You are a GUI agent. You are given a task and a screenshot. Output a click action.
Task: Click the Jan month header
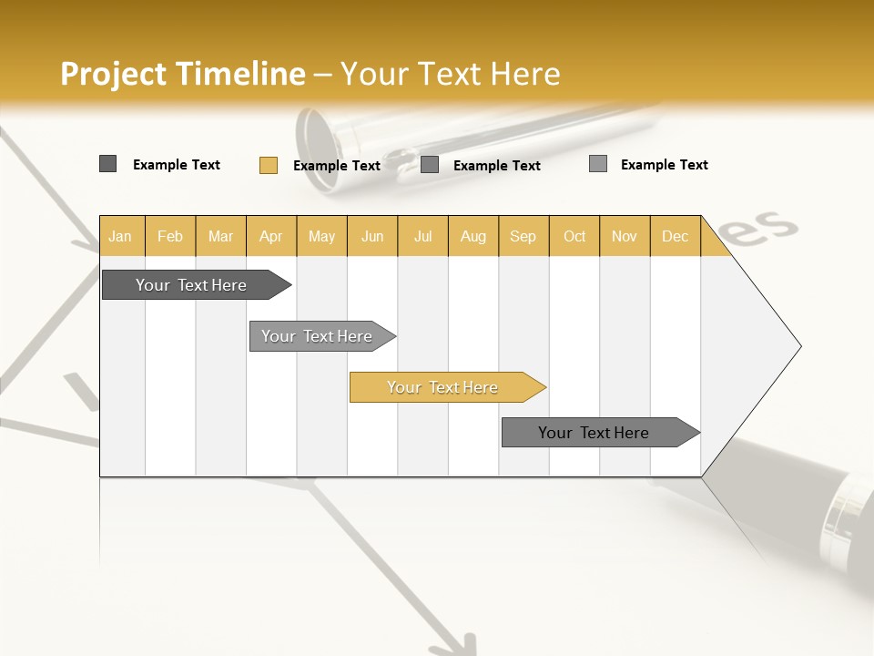tap(120, 236)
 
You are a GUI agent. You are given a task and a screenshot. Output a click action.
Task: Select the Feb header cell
tap(170, 236)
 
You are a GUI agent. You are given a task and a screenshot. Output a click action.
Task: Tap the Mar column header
tap(220, 236)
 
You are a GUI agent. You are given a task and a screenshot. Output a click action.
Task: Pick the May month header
tap(321, 236)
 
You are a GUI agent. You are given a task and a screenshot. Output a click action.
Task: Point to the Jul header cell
tap(422, 236)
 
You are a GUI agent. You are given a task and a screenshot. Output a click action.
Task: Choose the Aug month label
tap(473, 236)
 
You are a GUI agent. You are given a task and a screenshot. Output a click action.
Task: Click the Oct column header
tap(574, 236)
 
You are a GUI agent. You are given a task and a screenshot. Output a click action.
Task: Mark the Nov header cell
tap(625, 236)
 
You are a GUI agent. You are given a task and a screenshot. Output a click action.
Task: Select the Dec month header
tap(675, 236)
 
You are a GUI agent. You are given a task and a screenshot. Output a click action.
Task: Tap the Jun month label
tap(372, 236)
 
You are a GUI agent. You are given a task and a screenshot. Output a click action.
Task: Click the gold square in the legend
tap(269, 165)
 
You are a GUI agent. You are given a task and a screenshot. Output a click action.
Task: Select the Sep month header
tap(523, 236)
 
